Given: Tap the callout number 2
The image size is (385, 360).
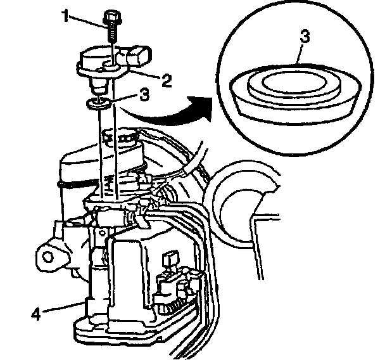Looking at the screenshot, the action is coord(167,80).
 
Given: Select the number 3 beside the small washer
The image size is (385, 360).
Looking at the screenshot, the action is coord(144,96).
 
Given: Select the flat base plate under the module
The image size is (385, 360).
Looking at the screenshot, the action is coord(127,333).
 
